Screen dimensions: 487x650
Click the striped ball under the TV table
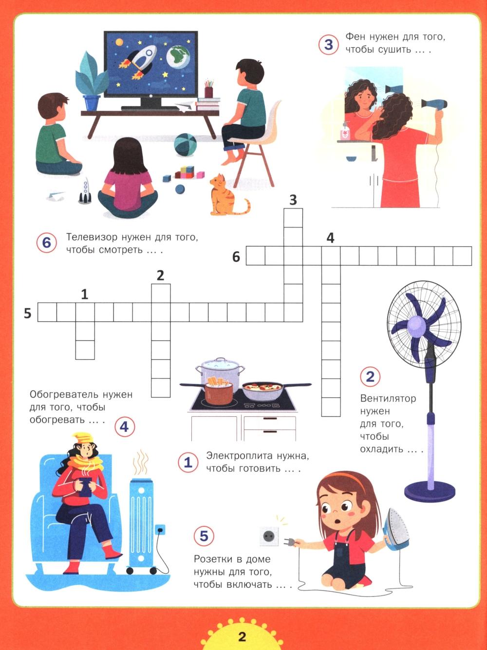pyautogui.click(x=185, y=144)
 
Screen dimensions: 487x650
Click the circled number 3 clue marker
pyautogui.click(x=328, y=45)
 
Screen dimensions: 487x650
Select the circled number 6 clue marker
pyautogui.click(x=46, y=243)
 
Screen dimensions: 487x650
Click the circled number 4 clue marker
pyautogui.click(x=124, y=427)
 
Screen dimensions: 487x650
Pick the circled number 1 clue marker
pyautogui.click(x=188, y=462)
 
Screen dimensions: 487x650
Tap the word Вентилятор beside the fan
pyautogui.click(x=388, y=399)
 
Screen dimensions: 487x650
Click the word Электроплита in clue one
pyautogui.click(x=239, y=456)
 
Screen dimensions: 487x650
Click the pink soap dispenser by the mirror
pyautogui.click(x=345, y=130)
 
